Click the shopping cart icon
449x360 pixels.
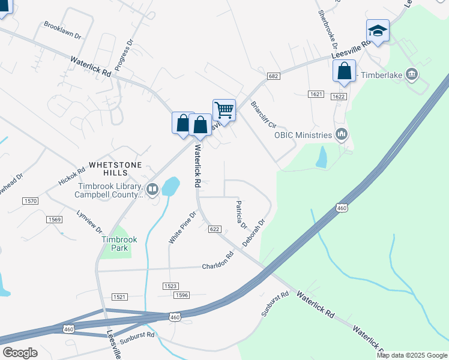(224, 110)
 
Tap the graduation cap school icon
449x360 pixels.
(378, 30)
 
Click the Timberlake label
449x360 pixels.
(382, 75)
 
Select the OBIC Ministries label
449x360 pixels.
(303, 135)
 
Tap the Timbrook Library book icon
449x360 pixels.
(152, 190)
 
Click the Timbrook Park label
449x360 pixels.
(119, 243)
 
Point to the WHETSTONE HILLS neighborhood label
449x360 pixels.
(115, 169)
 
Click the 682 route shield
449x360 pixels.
(274, 76)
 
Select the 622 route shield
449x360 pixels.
(215, 229)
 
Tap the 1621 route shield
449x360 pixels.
(316, 95)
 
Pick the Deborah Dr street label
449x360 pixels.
(254, 234)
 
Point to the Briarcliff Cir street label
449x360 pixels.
(263, 115)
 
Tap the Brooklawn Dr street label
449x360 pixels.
(62, 29)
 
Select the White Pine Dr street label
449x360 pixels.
(182, 227)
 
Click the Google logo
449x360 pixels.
(20, 353)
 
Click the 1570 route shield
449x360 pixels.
(30, 200)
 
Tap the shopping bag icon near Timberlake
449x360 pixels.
(344, 71)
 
